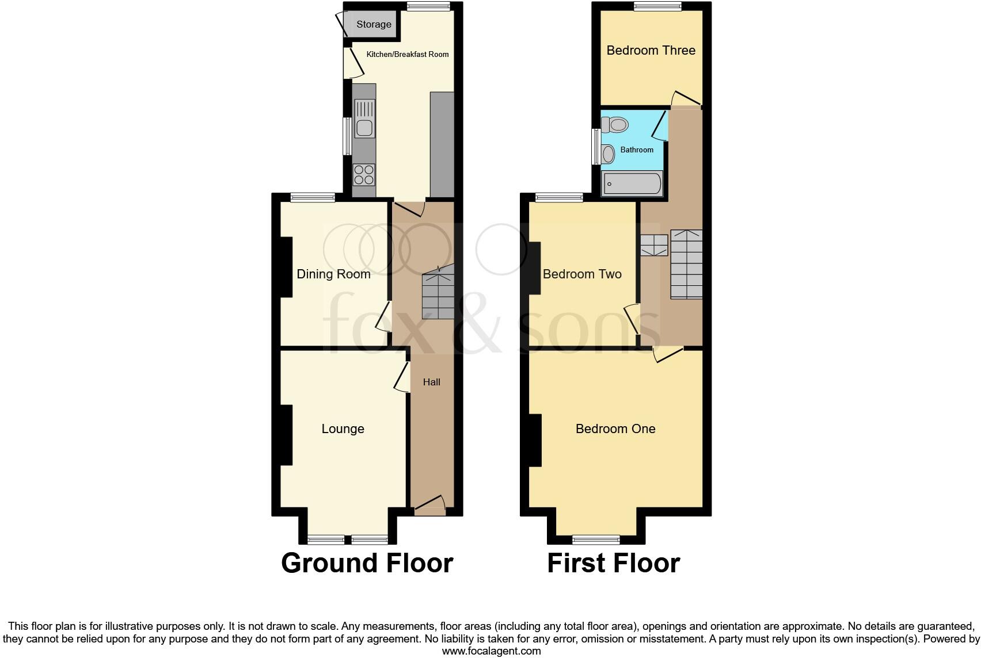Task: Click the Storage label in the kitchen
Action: [374, 24]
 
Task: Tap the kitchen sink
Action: [364, 118]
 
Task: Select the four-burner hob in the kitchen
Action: [364, 174]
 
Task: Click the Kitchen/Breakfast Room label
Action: [408, 54]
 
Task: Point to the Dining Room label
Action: [333, 274]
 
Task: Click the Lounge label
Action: [343, 429]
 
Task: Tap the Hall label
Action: [432, 382]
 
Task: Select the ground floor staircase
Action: [438, 293]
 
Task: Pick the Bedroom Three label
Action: [651, 50]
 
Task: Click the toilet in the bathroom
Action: [614, 124]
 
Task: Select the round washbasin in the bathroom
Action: [607, 154]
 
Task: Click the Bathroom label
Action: [637, 150]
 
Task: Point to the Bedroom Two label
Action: [582, 274]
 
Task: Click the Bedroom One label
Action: [615, 429]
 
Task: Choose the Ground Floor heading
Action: [367, 563]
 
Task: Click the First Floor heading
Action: [613, 563]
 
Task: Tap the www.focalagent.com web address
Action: [491, 651]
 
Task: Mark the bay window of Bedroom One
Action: [596, 539]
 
